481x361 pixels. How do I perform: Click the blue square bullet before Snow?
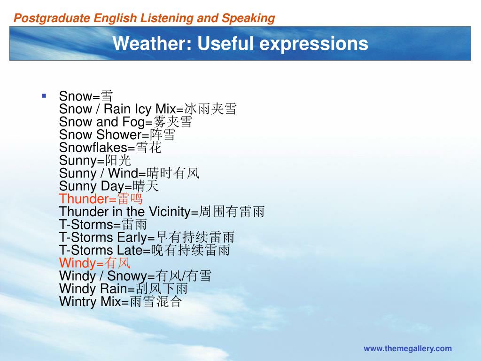pyautogui.click(x=44, y=96)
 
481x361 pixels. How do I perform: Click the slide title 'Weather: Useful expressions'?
pyautogui.click(x=240, y=43)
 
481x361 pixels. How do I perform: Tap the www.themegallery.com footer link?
pyautogui.click(x=408, y=349)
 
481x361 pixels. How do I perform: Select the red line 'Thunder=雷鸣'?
pyautogui.click(x=101, y=199)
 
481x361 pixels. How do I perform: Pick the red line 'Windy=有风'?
pyautogui.click(x=95, y=263)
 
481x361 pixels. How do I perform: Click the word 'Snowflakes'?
pyautogui.click(x=93, y=148)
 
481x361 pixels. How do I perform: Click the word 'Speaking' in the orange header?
pyautogui.click(x=248, y=18)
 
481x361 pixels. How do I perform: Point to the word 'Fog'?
pyautogui.click(x=133, y=122)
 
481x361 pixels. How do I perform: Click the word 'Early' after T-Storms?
pyautogui.click(x=132, y=237)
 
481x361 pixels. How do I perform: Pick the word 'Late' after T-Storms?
pyautogui.click(x=130, y=250)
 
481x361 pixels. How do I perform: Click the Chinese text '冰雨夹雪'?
pyautogui.click(x=210, y=109)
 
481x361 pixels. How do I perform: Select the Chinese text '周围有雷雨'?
pyautogui.click(x=232, y=212)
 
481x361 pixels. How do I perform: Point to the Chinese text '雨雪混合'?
pyautogui.click(x=156, y=301)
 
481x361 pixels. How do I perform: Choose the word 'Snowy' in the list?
pyautogui.click(x=127, y=276)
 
